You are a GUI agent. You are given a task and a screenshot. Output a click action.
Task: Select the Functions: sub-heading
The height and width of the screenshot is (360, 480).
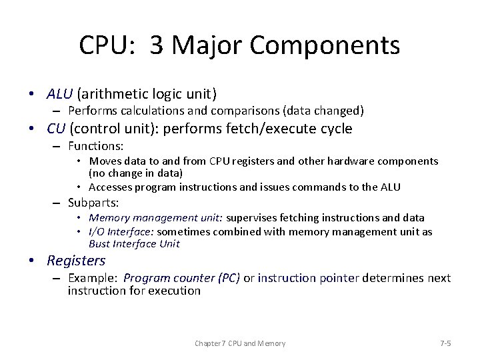pos(96,145)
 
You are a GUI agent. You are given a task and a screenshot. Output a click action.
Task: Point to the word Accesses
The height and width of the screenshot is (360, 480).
pos(111,187)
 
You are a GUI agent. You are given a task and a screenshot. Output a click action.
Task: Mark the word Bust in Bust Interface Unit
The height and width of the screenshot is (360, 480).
pos(100,243)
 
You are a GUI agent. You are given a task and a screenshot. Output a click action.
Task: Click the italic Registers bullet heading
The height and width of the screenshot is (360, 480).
pos(76,261)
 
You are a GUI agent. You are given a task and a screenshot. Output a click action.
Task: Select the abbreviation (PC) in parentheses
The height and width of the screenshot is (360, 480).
pos(228,277)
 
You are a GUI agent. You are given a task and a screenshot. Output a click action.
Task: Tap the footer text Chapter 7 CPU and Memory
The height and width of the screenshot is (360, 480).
pos(240,343)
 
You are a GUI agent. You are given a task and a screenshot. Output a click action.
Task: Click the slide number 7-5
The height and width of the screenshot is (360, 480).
pos(445,343)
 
